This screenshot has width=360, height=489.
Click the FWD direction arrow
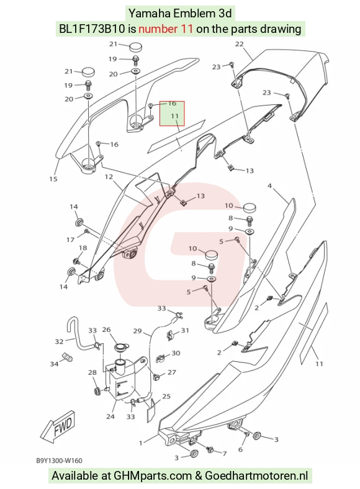click(x=58, y=426)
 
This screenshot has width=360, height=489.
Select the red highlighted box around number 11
click(x=172, y=114)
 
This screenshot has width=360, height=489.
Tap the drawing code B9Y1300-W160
click(x=59, y=460)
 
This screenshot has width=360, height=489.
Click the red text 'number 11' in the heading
click(x=166, y=29)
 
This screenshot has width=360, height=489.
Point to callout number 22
click(x=239, y=44)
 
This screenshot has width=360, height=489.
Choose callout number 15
click(x=53, y=179)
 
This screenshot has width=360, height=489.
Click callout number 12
click(x=109, y=177)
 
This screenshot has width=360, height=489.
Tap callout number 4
click(x=269, y=186)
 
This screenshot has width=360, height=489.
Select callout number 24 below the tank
click(x=110, y=416)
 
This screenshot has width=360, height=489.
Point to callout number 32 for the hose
click(x=59, y=341)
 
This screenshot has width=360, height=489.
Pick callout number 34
click(x=54, y=364)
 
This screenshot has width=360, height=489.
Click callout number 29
click(x=138, y=331)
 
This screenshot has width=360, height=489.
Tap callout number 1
click(x=141, y=443)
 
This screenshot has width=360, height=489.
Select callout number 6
click(x=240, y=449)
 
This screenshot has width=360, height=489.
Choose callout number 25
click(x=166, y=397)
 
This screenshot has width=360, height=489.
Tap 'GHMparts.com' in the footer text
click(x=153, y=476)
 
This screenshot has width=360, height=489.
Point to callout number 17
click(x=71, y=240)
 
